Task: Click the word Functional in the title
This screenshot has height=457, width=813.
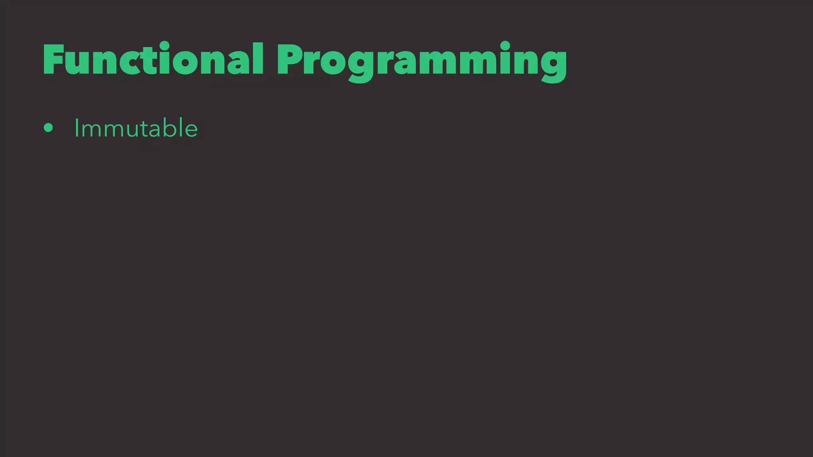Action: coord(153,60)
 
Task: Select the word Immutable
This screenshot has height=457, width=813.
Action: coord(136,128)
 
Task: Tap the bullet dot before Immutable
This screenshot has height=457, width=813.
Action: coord(48,128)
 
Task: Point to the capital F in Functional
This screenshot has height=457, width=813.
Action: coord(54,60)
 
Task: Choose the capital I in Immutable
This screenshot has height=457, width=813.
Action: coord(77,128)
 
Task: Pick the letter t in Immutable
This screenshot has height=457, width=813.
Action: coord(141,129)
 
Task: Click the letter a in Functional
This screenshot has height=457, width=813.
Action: coord(238,63)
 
